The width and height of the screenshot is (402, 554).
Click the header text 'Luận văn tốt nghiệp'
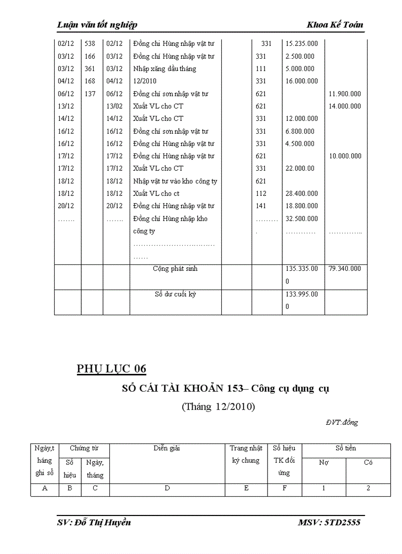97,25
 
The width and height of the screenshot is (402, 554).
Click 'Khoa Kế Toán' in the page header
335,25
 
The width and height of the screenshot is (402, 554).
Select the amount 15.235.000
301,44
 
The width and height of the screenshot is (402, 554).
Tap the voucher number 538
90,44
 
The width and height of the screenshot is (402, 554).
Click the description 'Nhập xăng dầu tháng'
165,69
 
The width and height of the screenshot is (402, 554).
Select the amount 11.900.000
345,94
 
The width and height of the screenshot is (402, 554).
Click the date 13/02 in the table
114,106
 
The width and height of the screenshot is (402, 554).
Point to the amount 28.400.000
301,193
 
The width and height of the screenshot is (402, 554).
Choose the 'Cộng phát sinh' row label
175,269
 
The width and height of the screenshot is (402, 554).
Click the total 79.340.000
345,269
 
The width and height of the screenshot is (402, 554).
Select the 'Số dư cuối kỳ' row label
175,295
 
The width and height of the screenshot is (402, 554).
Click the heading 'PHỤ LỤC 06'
112,369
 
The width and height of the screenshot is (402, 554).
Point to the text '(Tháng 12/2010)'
218,407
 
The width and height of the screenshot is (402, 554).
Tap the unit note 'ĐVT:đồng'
341,422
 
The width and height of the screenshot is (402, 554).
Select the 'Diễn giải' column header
167,448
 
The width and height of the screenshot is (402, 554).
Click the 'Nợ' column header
324,463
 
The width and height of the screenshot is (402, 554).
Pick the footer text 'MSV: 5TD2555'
329,522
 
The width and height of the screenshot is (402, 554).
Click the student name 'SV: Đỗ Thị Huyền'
94,522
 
